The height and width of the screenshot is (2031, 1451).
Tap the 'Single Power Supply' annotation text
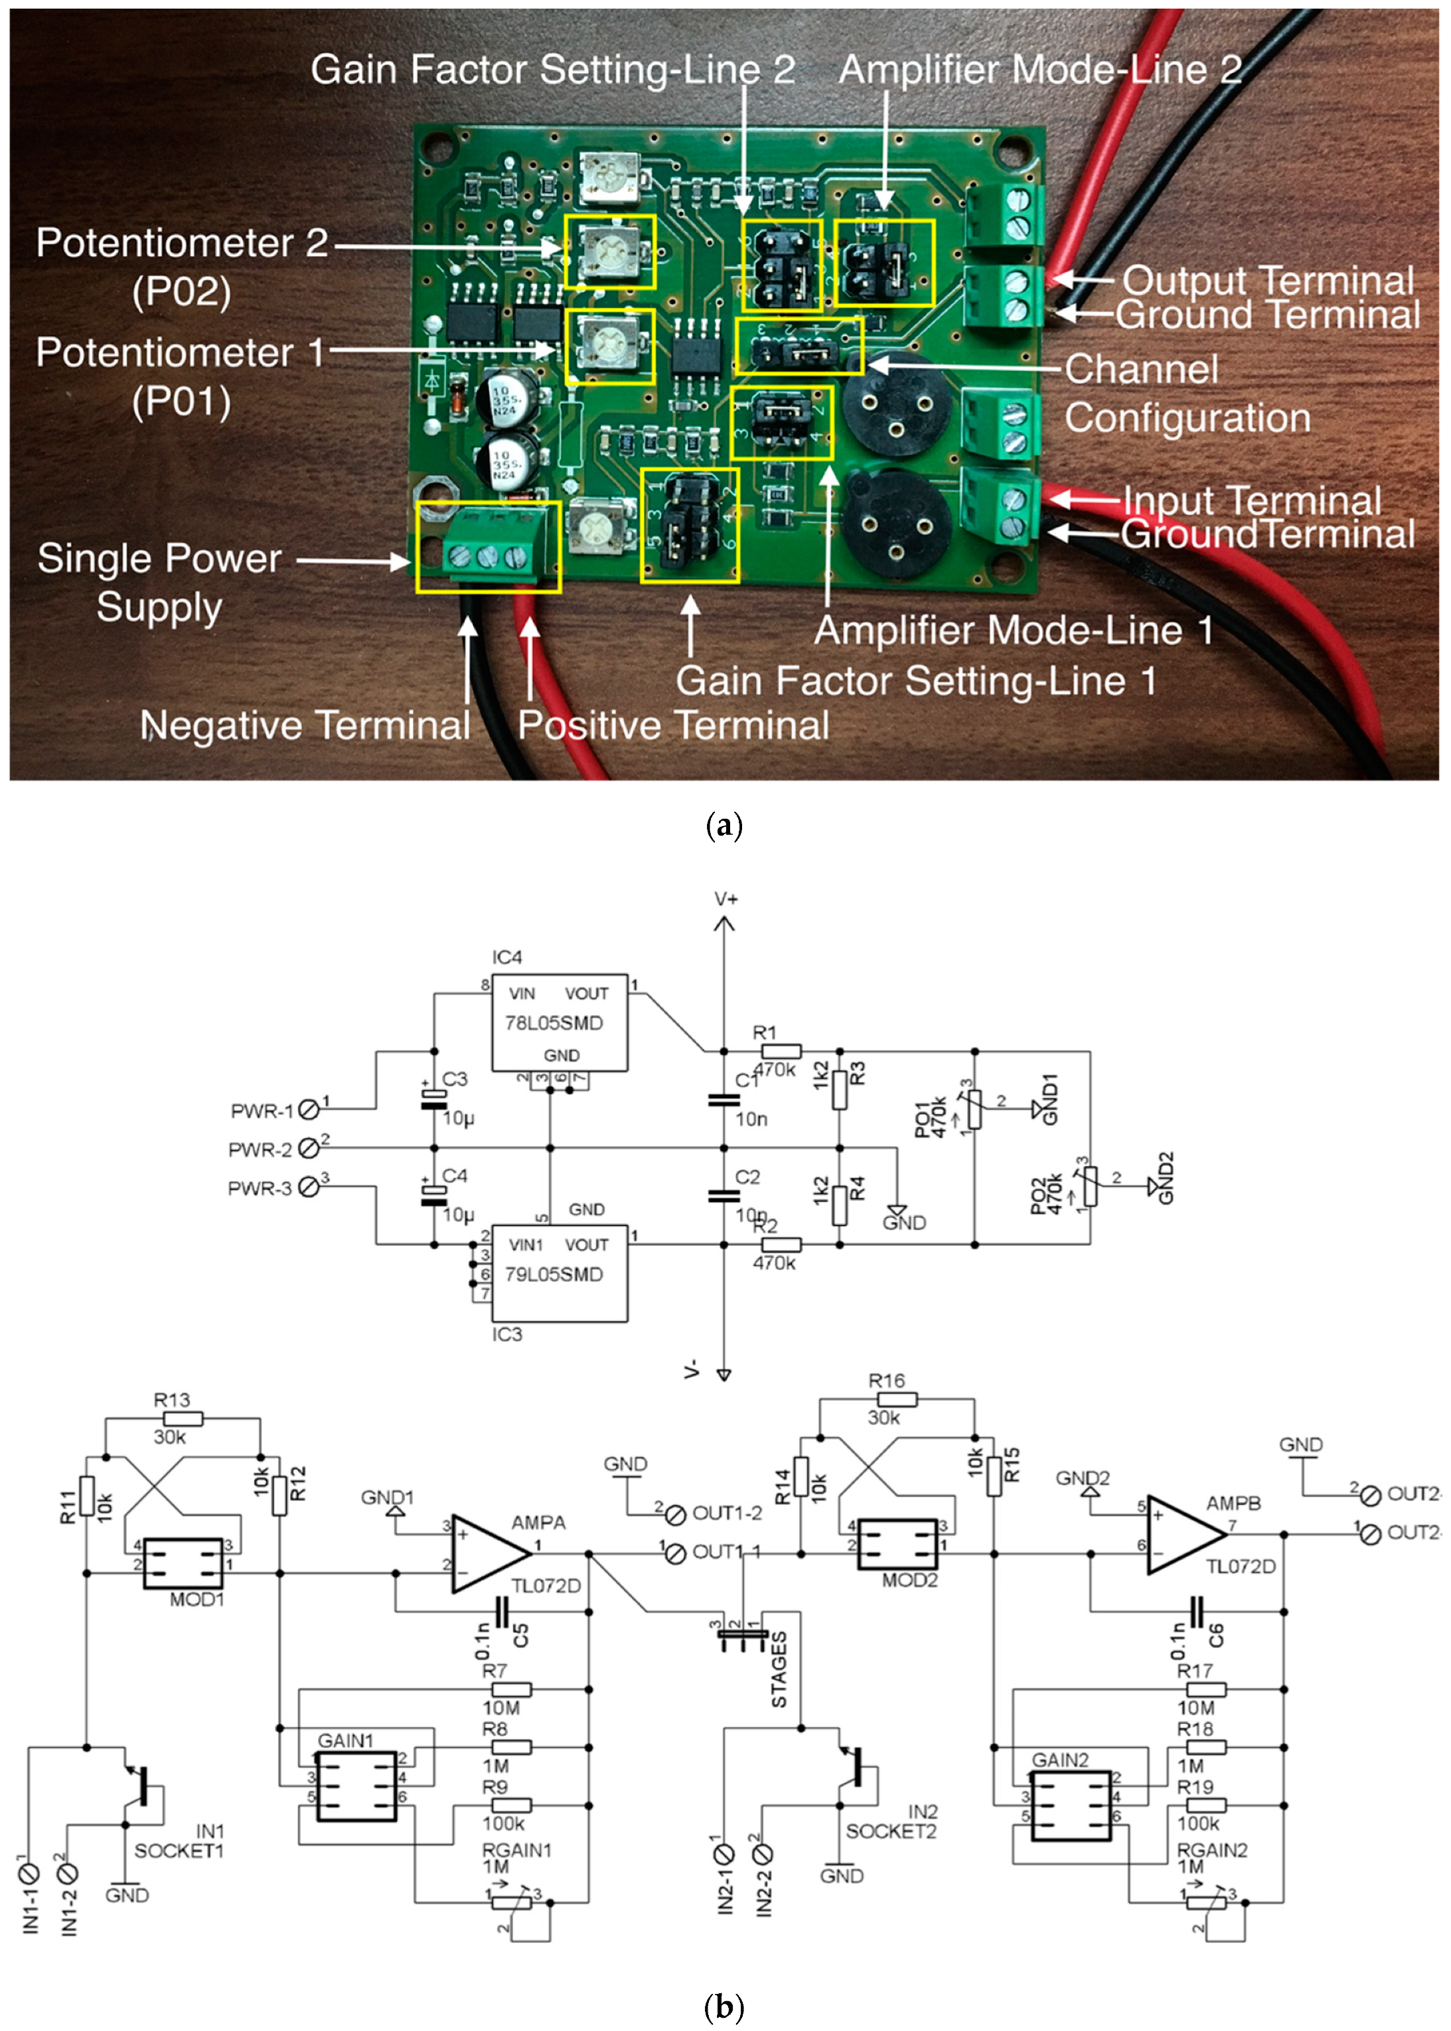tap(159, 581)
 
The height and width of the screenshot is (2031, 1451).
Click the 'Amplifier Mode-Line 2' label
tap(1040, 70)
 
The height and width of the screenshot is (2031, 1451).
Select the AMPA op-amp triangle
tap(488, 1554)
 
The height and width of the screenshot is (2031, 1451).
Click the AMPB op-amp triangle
tap(1184, 1535)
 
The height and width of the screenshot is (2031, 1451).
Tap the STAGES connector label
tap(779, 1669)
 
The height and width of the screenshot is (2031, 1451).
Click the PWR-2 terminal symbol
tap(309, 1148)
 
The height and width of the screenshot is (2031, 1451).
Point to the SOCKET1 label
tap(179, 1851)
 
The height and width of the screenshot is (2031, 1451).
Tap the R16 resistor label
tap(886, 1381)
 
